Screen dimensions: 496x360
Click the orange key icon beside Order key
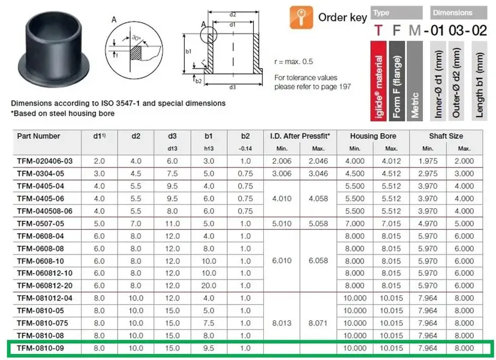click(301, 18)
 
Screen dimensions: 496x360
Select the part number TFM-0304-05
click(41, 173)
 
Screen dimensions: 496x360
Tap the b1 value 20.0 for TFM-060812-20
click(209, 286)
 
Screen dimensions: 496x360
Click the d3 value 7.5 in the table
click(172, 173)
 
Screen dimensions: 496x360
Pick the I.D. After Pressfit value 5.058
click(318, 224)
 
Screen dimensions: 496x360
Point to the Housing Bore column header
click(373, 136)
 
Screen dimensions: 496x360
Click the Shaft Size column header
click(446, 136)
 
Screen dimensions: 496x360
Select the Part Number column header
click(38, 136)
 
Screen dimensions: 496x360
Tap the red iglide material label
click(378, 81)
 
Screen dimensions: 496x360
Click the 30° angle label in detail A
click(136, 38)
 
